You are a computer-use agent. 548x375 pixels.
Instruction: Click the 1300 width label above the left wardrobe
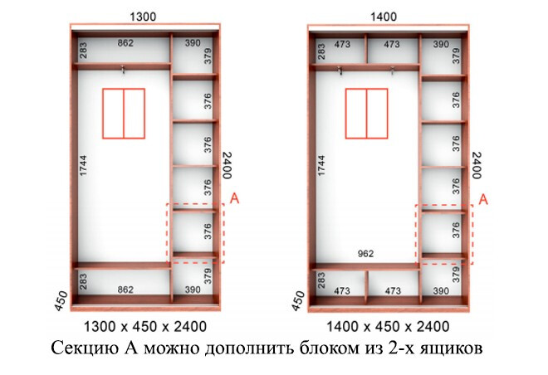coord(143,17)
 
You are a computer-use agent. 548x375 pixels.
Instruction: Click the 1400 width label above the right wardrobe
coord(384,17)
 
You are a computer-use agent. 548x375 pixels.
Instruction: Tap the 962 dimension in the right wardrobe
coord(365,254)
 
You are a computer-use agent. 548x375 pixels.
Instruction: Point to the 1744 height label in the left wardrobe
coord(83,165)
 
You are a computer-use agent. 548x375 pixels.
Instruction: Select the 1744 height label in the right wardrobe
coord(321,165)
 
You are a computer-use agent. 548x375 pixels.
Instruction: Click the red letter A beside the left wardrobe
coord(234,198)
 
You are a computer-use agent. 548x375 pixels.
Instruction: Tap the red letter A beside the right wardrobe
coord(483,200)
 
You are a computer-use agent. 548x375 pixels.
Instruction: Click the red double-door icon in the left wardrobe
coord(124,114)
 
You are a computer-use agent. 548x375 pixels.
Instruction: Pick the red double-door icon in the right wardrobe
coord(367,114)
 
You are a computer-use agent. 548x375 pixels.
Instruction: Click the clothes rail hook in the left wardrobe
coord(123,70)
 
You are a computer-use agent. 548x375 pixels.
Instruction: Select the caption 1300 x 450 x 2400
coord(145,327)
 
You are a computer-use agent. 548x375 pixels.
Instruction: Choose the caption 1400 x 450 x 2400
coord(388,327)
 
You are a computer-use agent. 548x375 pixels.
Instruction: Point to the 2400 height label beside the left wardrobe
coord(228,165)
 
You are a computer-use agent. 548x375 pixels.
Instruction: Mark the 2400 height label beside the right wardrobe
coord(477,165)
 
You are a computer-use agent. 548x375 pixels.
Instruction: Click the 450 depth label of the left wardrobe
coord(61,301)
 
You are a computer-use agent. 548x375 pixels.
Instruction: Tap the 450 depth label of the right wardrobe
coord(298,301)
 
